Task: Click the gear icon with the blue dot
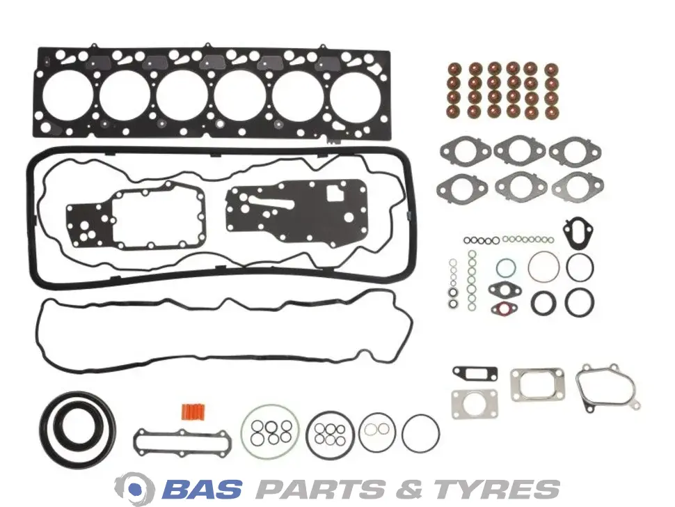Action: pyautogui.click(x=134, y=488)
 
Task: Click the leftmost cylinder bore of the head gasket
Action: pyautogui.click(x=68, y=95)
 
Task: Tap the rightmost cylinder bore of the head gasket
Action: pyautogui.click(x=356, y=95)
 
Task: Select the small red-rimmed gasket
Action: pyautogui.click(x=504, y=308)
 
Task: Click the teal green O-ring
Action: pyautogui.click(x=505, y=268)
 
